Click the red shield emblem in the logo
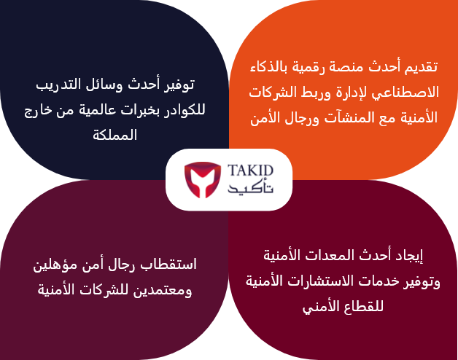(203, 180)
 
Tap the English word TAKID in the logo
(250, 171)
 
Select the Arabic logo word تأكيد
(250, 188)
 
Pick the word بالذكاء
(269, 67)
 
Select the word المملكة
(114, 136)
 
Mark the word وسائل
(105, 85)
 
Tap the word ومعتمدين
(163, 291)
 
